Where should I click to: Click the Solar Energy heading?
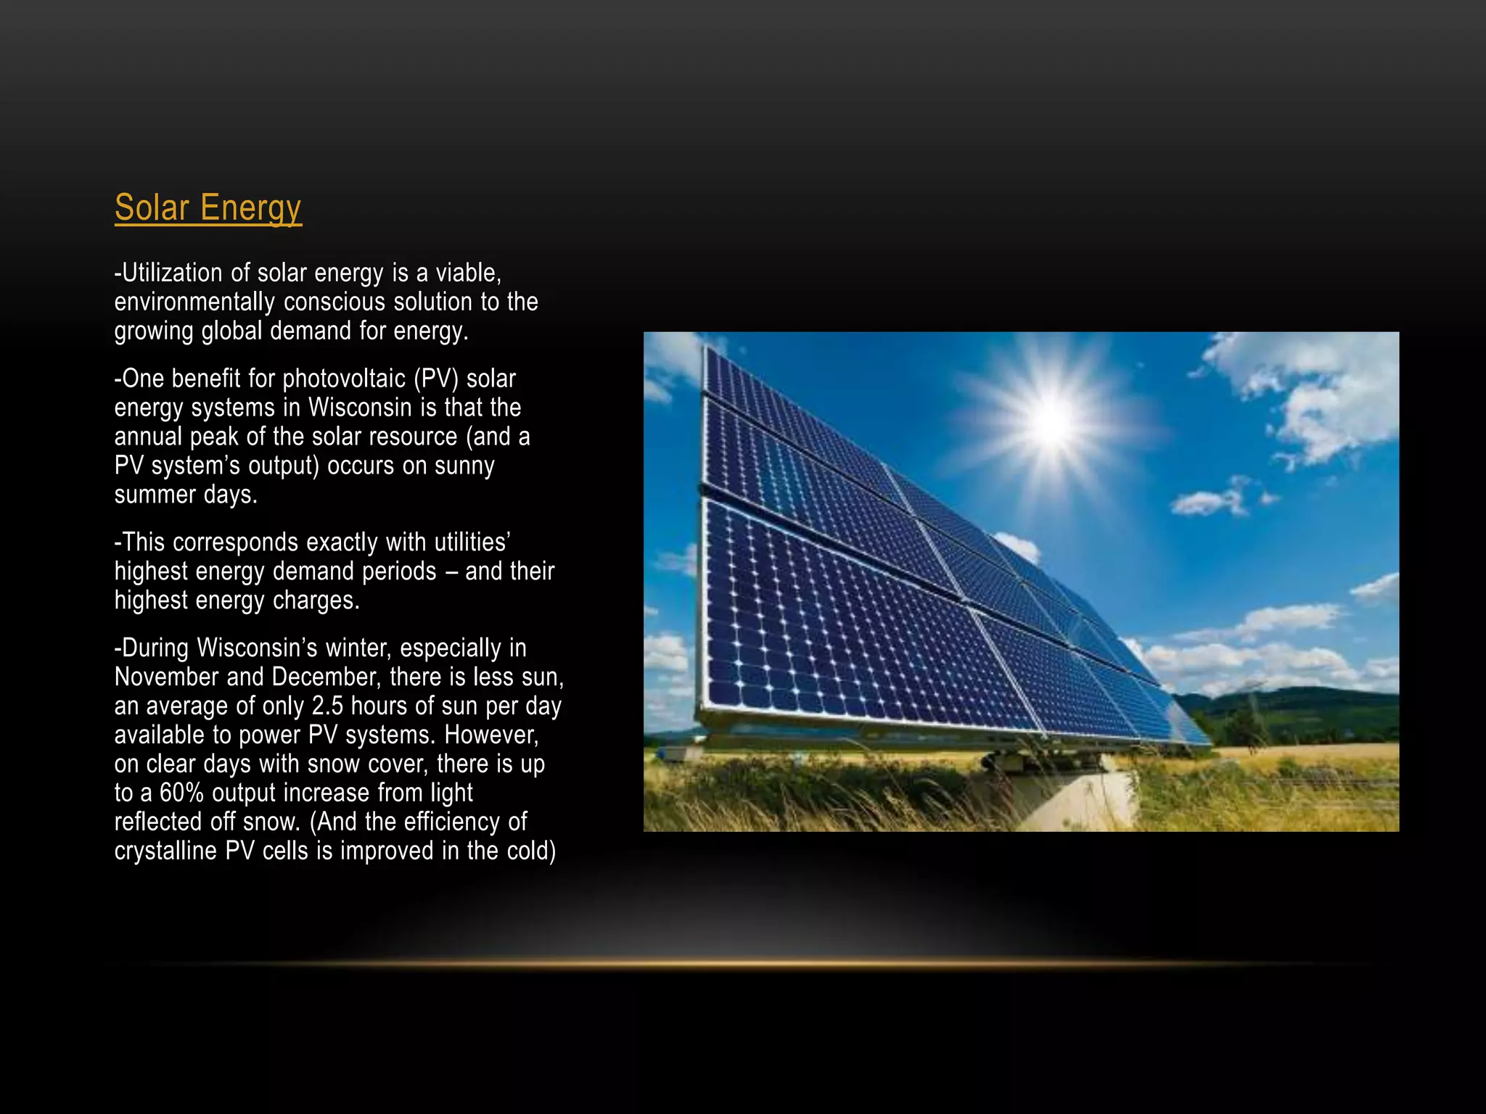point(208,208)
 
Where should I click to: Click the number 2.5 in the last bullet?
point(327,706)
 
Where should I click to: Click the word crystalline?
point(165,851)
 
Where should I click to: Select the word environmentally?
point(194,302)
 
